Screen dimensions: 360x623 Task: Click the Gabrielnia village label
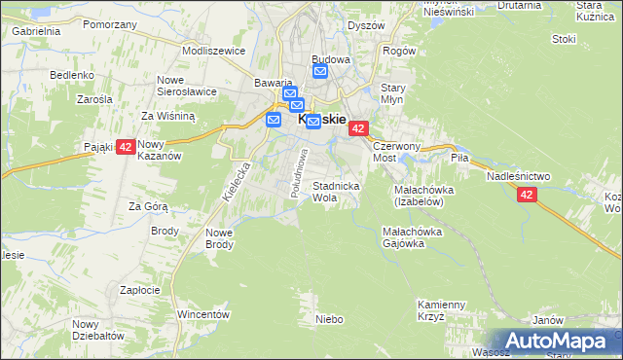36,30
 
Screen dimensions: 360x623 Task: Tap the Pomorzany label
108,24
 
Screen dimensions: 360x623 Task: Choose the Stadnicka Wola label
337,191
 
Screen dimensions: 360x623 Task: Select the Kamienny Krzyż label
444,309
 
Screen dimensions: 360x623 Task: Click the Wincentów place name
203,314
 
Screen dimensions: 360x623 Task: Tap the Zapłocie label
139,290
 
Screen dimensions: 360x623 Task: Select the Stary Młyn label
392,93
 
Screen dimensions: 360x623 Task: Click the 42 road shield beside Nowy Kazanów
125,148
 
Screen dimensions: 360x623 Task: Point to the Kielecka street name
237,181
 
